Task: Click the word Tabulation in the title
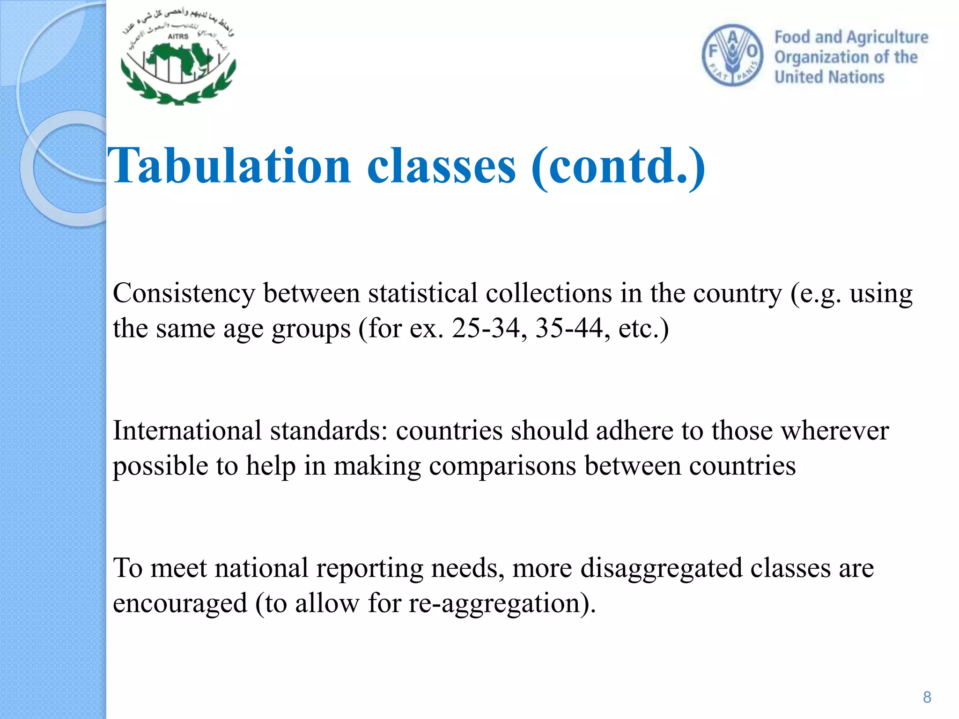pos(229,166)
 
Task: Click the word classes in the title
pos(441,166)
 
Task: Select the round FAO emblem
pos(732,56)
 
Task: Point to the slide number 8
pos(927,697)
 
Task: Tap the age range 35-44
pos(569,328)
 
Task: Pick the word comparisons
pos(502,467)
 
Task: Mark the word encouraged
pos(180,603)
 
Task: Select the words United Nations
pos(829,77)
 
